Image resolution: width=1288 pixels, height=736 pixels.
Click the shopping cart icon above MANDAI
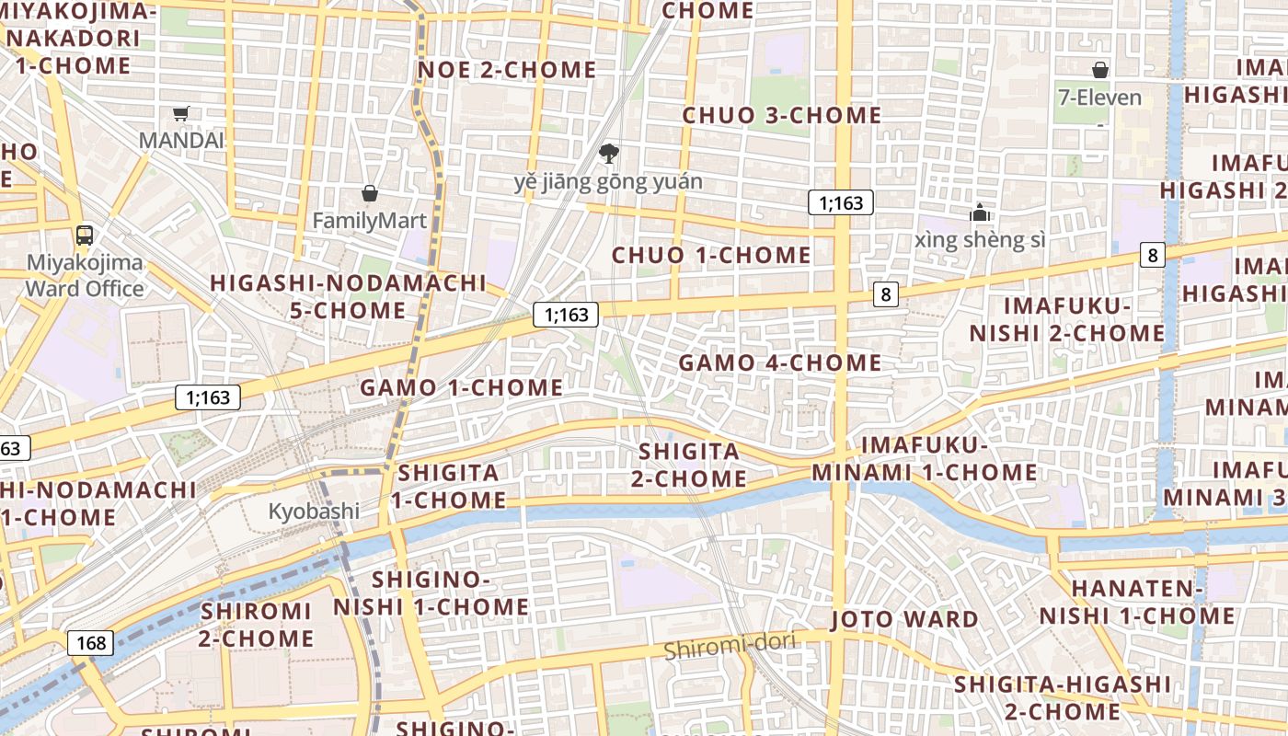180,114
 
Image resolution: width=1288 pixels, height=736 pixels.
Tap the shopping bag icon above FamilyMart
370,193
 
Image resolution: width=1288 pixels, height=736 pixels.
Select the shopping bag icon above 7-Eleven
1099,70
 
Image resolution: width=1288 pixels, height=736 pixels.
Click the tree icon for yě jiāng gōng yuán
608,153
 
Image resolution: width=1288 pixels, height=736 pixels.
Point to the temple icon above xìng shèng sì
980,213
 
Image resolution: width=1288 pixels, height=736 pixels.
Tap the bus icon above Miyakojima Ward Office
85,235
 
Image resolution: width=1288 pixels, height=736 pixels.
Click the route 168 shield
91,642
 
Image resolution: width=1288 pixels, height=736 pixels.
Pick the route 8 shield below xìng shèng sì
886,294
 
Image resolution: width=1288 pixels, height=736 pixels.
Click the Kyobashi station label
314,512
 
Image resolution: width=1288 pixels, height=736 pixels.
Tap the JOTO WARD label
905,619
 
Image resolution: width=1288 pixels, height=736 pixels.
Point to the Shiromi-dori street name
729,647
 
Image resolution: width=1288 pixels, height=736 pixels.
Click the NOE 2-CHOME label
507,70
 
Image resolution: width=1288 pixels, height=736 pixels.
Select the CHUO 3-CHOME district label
782,116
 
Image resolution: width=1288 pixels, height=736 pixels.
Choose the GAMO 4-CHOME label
780,363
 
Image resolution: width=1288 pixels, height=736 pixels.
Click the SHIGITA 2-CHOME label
689,466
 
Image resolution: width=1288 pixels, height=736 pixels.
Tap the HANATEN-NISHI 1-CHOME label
1137,602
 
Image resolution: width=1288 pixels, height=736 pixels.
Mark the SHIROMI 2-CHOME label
257,625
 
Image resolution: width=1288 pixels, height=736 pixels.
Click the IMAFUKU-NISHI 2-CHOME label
1067,319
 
